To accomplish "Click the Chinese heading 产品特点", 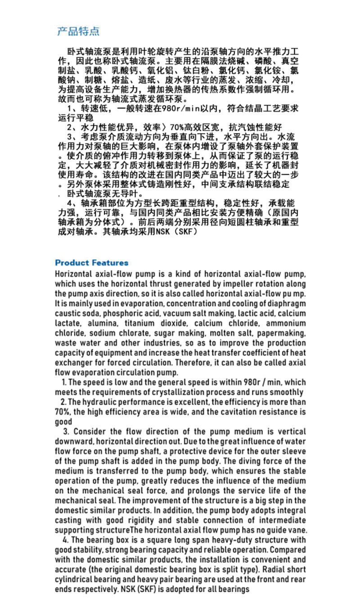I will coord(78,31).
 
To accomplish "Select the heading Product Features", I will coord(91,263).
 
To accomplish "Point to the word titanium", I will coord(139,323).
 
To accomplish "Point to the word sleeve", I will coord(292,451).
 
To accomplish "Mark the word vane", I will coord(298,530).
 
